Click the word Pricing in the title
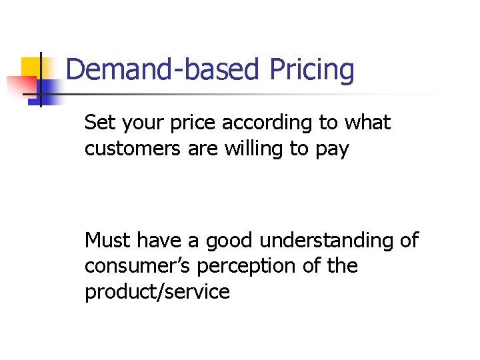(311, 70)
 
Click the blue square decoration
(48, 88)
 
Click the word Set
(99, 123)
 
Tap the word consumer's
(136, 266)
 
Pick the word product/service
(157, 292)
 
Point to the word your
(138, 124)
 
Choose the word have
(159, 239)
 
